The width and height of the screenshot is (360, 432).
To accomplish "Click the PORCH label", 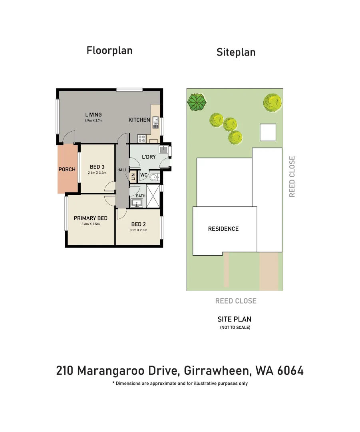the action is click(x=67, y=170).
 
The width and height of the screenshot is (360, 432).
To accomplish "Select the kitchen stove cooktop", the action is click(x=142, y=138).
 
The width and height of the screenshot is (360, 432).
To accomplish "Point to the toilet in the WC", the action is click(x=154, y=177).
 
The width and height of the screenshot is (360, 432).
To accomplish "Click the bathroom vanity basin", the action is click(x=137, y=203).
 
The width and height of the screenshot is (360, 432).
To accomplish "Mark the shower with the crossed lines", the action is click(x=153, y=196).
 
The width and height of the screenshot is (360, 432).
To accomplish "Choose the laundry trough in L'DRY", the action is click(x=163, y=150).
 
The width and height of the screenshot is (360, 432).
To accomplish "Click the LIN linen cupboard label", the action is click(x=133, y=177).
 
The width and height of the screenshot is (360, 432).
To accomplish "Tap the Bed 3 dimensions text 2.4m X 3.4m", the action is click(x=97, y=173).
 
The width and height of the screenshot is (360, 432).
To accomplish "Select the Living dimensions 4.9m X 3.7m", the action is click(x=93, y=121).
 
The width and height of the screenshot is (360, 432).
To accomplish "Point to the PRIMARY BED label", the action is click(x=91, y=218).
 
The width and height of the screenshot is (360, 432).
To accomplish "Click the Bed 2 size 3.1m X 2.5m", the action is click(x=138, y=230).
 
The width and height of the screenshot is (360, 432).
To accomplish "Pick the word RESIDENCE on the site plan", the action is click(x=223, y=229).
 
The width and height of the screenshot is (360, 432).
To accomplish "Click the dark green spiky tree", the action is click(x=197, y=102).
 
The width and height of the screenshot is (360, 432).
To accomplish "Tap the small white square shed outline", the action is click(x=268, y=132).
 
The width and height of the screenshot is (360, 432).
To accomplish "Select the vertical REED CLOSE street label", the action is click(x=292, y=177).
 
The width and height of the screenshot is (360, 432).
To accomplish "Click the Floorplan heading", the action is click(x=109, y=51).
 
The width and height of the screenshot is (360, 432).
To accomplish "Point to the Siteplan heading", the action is click(x=236, y=52).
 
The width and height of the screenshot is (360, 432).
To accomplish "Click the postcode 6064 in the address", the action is click(x=290, y=370).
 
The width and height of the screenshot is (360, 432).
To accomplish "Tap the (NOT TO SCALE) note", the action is click(x=235, y=328).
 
